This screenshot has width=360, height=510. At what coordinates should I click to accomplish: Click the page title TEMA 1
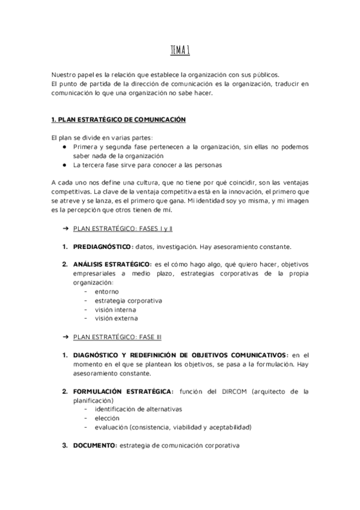pos(179,51)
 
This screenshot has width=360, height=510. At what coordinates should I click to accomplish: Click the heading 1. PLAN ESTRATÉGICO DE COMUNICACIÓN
pos(118,120)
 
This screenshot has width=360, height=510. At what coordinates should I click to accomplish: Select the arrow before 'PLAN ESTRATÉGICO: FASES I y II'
pos(65,229)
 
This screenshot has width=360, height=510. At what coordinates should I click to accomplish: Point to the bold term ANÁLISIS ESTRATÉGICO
pos(112,264)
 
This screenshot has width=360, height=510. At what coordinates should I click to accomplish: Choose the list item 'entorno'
pos(106,291)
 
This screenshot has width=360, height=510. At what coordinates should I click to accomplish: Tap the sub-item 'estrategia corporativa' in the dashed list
pos(128,300)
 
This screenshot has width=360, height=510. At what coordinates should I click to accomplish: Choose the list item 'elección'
pos(107,418)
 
